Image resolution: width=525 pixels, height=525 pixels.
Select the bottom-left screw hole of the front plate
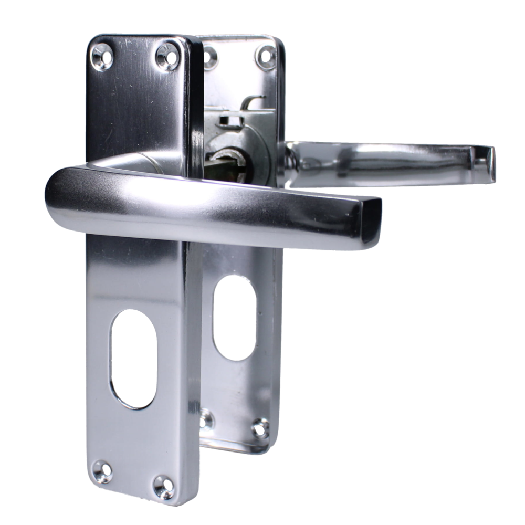(101, 469)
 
